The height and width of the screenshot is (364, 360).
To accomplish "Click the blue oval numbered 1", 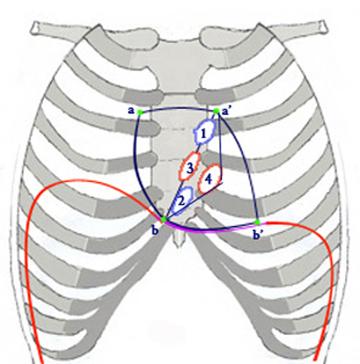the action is pyautogui.click(x=205, y=133).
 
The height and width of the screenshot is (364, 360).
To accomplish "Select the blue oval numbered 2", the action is pyautogui.click(x=183, y=200).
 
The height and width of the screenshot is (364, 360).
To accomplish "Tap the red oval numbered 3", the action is pyautogui.click(x=190, y=168).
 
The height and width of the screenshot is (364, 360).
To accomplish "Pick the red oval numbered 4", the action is pyautogui.click(x=210, y=178).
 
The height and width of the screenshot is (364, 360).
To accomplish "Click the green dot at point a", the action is pyautogui.click(x=140, y=112).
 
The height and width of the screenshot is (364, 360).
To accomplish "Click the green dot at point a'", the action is pyautogui.click(x=216, y=111).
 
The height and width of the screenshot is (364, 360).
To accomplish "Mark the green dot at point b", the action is pyautogui.click(x=164, y=219).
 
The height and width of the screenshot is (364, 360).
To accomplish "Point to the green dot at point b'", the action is pyautogui.click(x=257, y=222).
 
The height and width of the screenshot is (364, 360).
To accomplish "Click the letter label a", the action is pyautogui.click(x=131, y=111).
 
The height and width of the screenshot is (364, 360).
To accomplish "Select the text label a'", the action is pyautogui.click(x=226, y=111).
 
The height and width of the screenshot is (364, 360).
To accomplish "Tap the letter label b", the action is pyautogui.click(x=155, y=230).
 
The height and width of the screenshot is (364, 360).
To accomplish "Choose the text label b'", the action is pyautogui.click(x=257, y=235).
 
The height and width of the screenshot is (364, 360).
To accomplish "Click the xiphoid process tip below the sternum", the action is pyautogui.click(x=179, y=245).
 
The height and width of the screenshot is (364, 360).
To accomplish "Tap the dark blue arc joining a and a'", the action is pyautogui.click(x=178, y=108).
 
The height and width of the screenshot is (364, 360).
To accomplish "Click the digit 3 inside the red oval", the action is pyautogui.click(x=190, y=168).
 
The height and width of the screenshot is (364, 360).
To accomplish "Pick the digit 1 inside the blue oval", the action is pyautogui.click(x=204, y=133).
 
